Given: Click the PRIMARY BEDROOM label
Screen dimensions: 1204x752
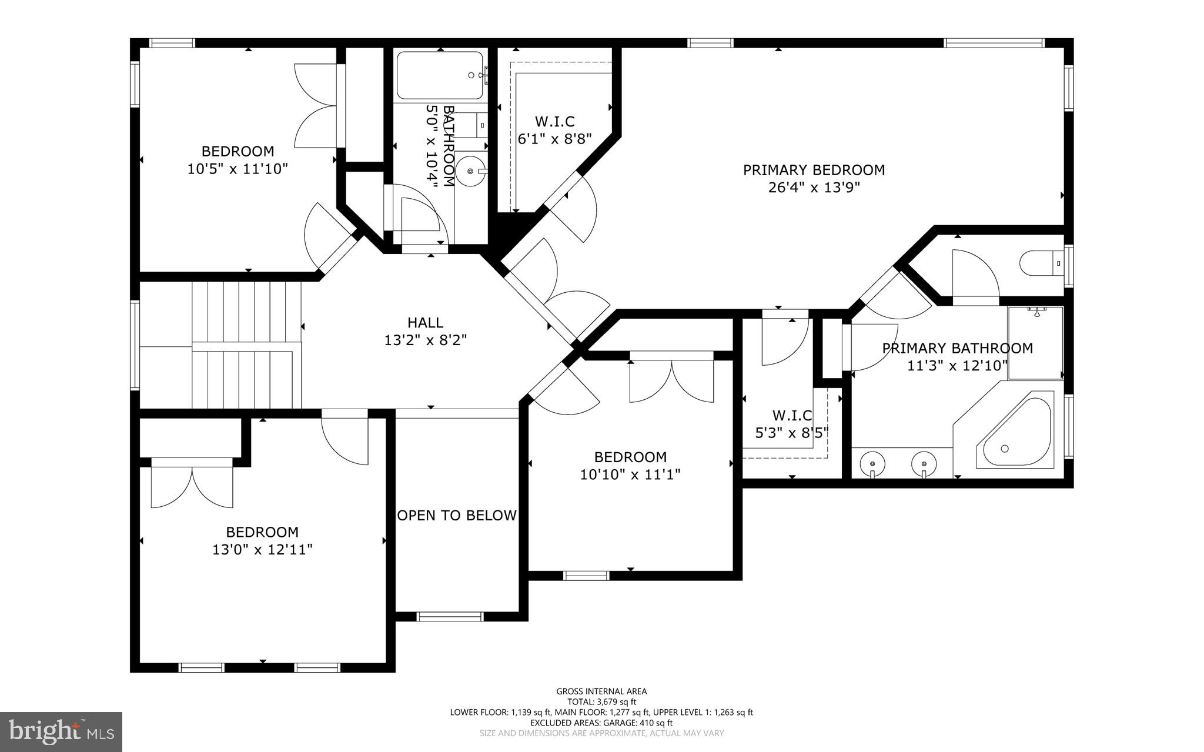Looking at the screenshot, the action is click(x=814, y=170).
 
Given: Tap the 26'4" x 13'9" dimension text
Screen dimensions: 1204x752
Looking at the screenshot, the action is click(x=814, y=188).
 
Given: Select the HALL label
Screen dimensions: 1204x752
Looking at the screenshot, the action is click(x=425, y=322).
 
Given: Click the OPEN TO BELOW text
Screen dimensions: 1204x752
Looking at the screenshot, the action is click(x=457, y=516).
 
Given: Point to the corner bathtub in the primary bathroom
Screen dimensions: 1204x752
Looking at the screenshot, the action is click(x=1014, y=430).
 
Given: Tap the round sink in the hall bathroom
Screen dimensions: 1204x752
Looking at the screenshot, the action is click(x=471, y=171).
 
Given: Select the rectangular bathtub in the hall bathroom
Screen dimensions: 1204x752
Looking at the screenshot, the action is click(x=441, y=75).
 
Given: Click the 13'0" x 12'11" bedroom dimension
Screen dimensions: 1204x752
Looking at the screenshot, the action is click(x=262, y=550).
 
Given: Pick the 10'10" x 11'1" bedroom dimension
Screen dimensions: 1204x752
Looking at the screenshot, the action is click(x=630, y=474).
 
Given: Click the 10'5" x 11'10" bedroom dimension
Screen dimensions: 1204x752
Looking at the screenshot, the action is click(x=238, y=169).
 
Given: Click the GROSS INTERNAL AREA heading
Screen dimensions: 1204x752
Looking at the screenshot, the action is click(x=601, y=691).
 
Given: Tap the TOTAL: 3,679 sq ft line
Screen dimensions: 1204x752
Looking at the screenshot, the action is click(x=601, y=702).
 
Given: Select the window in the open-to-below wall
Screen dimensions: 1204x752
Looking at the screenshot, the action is click(x=450, y=616).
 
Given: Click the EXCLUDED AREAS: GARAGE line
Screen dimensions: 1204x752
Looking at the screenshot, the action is click(x=601, y=723).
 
